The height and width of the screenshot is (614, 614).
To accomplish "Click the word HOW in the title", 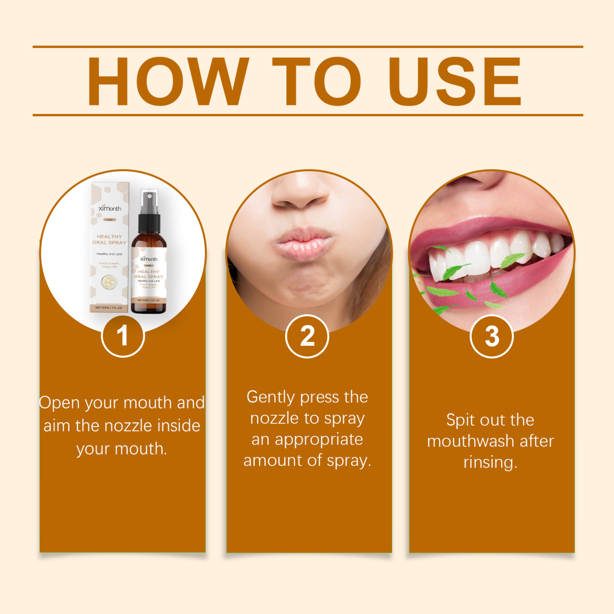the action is (x=167, y=81).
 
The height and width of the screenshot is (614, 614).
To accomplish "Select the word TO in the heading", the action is (x=316, y=81).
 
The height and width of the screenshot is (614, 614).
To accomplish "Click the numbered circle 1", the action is (x=123, y=336).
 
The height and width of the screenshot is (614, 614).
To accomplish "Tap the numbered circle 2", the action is (x=307, y=336).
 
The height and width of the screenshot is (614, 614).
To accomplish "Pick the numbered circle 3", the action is (x=492, y=336).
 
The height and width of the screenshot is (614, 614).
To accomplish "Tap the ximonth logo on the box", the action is (x=110, y=208).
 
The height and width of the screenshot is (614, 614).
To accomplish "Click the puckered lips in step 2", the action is (x=303, y=242).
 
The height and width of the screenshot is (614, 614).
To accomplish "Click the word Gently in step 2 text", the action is (x=271, y=397).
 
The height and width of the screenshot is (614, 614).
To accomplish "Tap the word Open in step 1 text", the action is (x=59, y=403).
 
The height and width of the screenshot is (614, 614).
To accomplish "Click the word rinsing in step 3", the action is (x=490, y=462).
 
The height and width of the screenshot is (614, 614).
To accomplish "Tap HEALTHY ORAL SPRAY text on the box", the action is (x=109, y=240).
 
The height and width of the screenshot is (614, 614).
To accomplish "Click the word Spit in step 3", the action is (x=460, y=420).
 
